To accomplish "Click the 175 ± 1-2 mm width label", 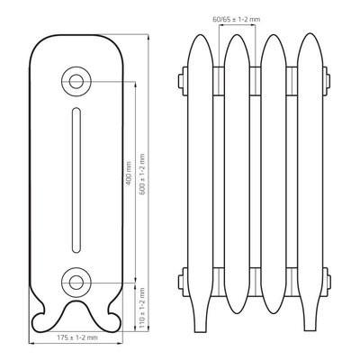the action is click(x=77, y=337).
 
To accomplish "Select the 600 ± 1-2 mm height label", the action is click(x=142, y=175).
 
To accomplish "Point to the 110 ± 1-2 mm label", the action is click(x=142, y=308).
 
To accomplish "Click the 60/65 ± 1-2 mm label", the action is click(x=237, y=20).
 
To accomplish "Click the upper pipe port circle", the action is click(x=76, y=81).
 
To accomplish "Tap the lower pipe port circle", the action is click(x=76, y=283).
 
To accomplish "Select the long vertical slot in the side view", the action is click(x=76, y=180).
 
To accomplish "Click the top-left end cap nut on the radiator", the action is click(x=183, y=81).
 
